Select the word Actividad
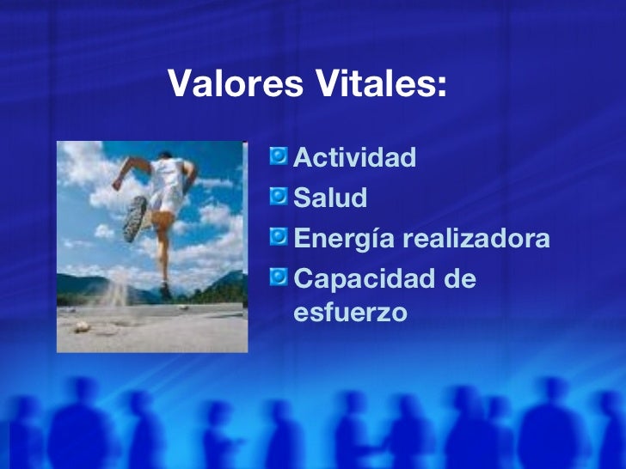pos(355,157)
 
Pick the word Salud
pos(330,198)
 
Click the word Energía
pos(342,240)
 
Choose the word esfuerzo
pos(349,313)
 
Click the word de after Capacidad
pos(457,279)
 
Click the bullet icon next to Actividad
pos(279,156)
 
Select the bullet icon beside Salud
pos(279,197)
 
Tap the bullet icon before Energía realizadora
pos(279,237)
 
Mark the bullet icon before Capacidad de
pos(279,277)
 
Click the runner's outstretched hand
pos(117,183)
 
